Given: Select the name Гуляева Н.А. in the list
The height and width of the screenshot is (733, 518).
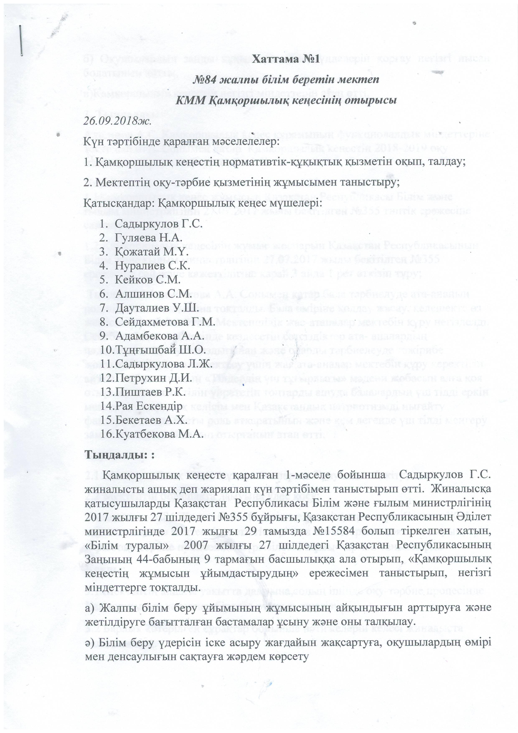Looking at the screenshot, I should click(149, 238).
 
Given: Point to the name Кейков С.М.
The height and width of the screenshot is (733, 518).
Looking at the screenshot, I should click(147, 279).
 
